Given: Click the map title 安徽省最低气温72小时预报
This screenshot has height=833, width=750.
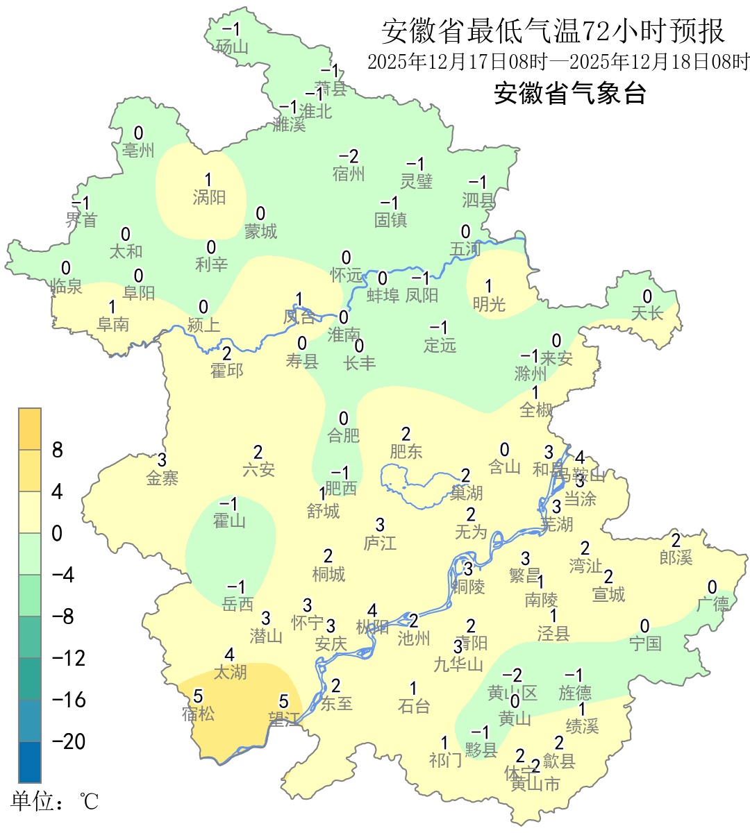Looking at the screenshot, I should pos(553,31).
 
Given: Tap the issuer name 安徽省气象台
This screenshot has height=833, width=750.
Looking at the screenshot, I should pos(569,92).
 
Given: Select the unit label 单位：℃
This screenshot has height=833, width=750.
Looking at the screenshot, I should pos(55,801).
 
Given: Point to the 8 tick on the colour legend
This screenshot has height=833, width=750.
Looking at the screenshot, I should pos(58,451).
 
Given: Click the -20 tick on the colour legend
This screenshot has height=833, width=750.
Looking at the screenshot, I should pos(69,741).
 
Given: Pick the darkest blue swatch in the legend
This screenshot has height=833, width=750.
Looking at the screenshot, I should pos(30,762).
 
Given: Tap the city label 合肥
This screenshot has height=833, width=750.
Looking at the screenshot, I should pos(344,435).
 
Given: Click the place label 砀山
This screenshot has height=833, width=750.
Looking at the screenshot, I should pos(232,47).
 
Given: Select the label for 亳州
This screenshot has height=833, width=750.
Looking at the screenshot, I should pos(138,150).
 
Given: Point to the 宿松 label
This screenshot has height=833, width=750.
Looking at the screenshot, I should pos(198,713).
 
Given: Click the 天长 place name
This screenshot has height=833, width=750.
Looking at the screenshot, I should pos(647,314).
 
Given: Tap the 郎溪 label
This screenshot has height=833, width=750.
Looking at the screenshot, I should pos(676,557).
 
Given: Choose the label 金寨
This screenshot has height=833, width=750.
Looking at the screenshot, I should pos(162,478).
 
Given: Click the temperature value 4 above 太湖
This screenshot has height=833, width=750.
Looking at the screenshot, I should pos(230,655).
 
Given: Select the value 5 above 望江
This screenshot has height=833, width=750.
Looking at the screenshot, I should pos(283,702).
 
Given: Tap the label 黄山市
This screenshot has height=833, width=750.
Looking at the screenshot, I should pos(535,784).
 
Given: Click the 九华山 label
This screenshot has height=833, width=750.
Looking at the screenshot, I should pos(458,664).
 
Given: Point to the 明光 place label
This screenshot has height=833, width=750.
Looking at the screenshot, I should pos(489,303).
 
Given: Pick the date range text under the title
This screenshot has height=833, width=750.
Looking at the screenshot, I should pos(558,62).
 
